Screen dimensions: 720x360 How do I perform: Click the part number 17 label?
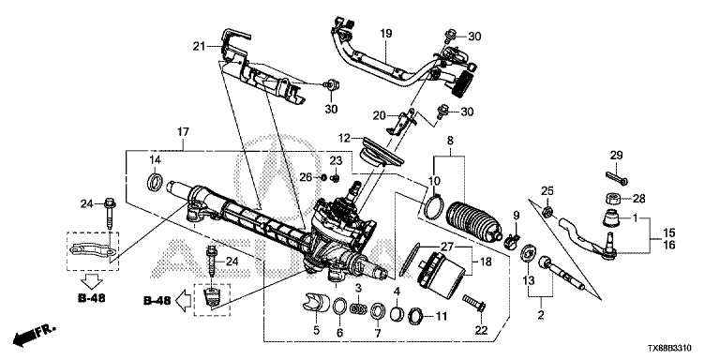pyautogui.click(x=183, y=132)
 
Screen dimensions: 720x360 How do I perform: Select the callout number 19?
pyautogui.click(x=385, y=33)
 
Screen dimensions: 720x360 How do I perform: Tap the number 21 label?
pyautogui.click(x=199, y=45)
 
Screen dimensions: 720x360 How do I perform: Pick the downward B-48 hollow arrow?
pyautogui.click(x=91, y=281)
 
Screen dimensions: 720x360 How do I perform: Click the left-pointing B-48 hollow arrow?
pyautogui.click(x=183, y=301)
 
